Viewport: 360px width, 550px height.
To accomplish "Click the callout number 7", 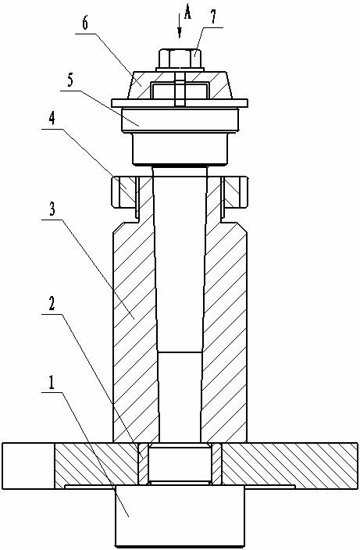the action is click(214, 17).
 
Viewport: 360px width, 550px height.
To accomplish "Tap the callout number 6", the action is click(86, 23).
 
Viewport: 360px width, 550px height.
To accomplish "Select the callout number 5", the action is click(70, 80).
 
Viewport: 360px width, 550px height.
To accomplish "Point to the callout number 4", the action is click(52, 119).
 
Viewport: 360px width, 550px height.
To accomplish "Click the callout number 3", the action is click(52, 209).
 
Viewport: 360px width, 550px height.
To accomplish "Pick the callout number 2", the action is click(52, 304).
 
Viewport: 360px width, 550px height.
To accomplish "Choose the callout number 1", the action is click(52, 382).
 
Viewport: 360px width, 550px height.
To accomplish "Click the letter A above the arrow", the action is click(188, 13).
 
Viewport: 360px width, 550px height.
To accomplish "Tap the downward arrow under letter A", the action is click(180, 26).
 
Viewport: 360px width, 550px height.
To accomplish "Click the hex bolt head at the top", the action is click(180, 59).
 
